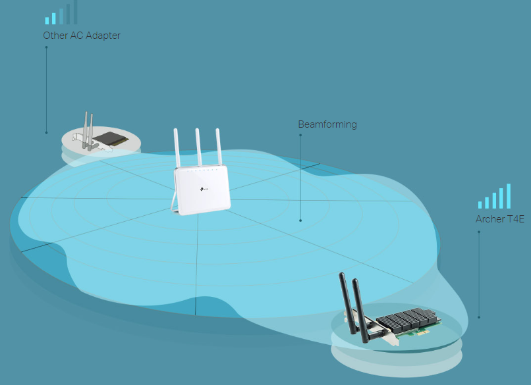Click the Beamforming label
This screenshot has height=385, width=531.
(327, 124)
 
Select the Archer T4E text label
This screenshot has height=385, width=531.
(499, 219)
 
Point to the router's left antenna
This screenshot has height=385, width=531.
(177, 147)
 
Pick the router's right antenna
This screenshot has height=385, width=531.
(218, 146)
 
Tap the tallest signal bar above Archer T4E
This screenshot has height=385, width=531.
(509, 195)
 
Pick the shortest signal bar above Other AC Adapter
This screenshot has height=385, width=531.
(47, 20)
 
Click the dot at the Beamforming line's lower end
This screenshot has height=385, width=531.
(300, 220)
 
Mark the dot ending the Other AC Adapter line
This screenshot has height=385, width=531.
(46, 132)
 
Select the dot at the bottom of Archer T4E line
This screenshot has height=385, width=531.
(479, 317)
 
